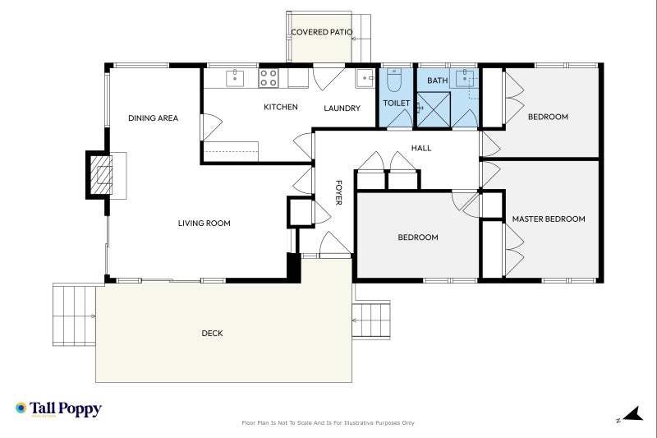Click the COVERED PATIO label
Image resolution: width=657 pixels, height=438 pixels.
tap(322, 33)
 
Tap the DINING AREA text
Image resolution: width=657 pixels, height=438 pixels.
tap(153, 118)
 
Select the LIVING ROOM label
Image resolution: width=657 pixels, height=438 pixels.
tap(204, 223)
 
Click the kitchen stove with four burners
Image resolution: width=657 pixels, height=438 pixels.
tap(269, 78)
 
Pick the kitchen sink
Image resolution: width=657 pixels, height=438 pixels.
tap(235, 78)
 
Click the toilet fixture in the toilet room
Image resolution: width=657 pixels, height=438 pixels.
tap(393, 81)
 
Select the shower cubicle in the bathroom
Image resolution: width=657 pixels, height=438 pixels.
tap(434, 109)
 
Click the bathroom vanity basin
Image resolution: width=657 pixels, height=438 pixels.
tap(466, 79)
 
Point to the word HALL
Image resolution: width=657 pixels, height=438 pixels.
tap(421, 149)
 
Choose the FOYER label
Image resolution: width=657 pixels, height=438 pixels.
tap(338, 192)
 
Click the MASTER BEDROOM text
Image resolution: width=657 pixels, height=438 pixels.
tap(549, 219)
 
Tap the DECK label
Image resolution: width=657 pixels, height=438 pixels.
tap(212, 334)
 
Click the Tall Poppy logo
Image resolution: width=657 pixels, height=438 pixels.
tap(58, 408)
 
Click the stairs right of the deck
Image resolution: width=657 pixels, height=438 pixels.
tap(372, 320)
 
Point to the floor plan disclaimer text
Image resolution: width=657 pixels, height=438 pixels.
tap(328, 423)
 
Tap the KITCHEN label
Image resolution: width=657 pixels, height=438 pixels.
tap(280, 108)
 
